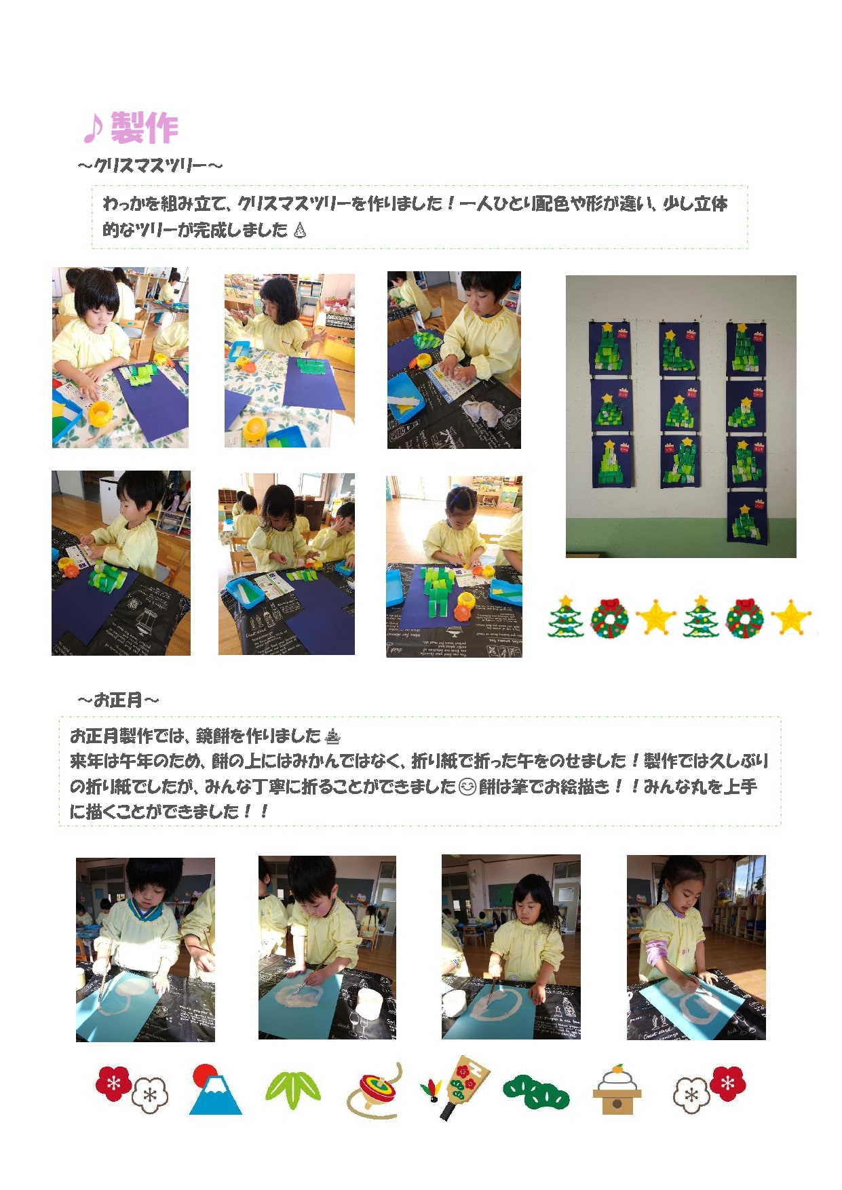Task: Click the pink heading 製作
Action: (144, 128)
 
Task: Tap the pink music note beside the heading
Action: (94, 129)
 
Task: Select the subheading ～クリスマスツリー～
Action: (150, 165)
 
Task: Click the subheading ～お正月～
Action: (119, 700)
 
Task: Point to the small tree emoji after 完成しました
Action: (300, 231)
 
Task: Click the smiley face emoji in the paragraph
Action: (467, 787)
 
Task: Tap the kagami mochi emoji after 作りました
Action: (332, 736)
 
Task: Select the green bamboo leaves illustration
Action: (292, 1090)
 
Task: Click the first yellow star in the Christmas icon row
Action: (655, 618)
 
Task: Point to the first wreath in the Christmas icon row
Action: (609, 618)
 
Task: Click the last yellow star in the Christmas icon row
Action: (791, 618)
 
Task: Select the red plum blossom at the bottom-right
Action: (727, 1083)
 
